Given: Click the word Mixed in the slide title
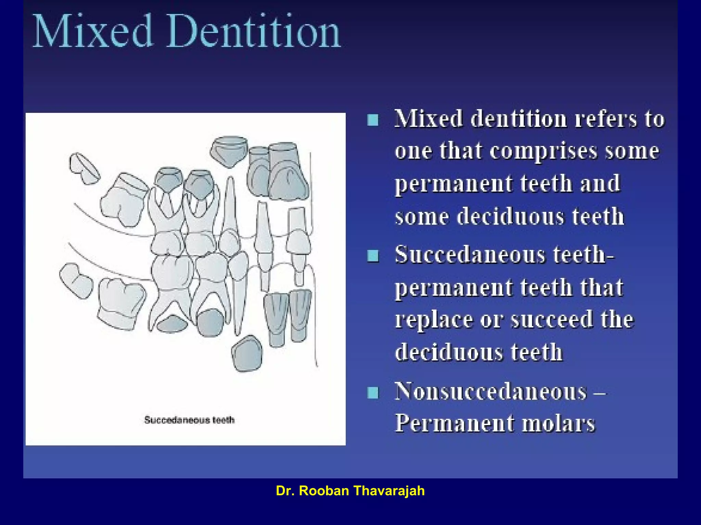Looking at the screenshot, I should click(x=92, y=31).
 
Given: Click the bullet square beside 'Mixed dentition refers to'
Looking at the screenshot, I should click(x=373, y=120).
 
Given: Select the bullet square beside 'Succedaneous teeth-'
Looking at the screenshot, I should click(x=373, y=255).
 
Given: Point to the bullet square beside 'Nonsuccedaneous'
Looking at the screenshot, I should click(x=373, y=392).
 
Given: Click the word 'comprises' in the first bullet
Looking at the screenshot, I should click(x=543, y=151).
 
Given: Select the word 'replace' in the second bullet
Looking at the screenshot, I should click(x=433, y=320).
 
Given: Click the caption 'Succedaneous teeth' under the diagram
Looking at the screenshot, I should click(x=189, y=420).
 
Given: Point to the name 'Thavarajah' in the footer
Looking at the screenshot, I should click(x=389, y=491).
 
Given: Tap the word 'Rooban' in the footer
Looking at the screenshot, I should click(x=324, y=491).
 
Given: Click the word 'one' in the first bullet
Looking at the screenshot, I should click(x=413, y=151).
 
